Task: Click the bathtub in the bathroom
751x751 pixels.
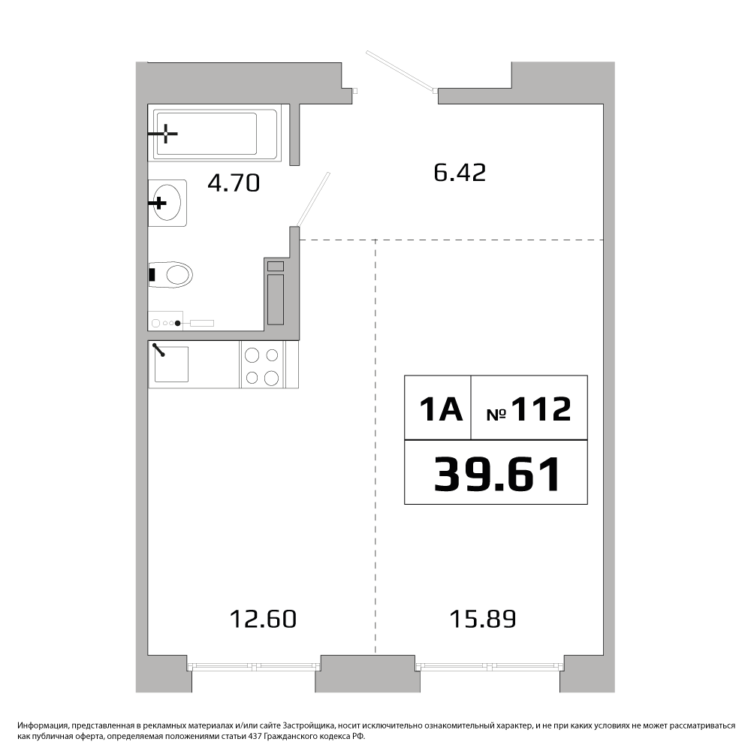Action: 215,134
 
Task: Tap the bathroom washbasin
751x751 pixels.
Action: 167,203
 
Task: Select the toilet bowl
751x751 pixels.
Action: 170,274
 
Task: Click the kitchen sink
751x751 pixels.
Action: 171,364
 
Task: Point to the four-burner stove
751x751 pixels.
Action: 261,365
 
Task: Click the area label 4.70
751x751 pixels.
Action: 234,183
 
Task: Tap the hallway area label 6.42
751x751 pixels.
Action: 460,173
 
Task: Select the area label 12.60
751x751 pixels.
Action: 263,619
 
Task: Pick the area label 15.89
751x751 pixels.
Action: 483,619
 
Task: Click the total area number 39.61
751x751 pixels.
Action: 497,474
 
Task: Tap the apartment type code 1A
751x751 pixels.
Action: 441,409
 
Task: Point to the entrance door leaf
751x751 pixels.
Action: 401,71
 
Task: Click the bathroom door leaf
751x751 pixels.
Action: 313,199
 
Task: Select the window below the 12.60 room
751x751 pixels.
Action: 253,665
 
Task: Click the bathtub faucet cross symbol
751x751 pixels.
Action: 165,134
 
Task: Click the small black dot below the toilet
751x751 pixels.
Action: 178,323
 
